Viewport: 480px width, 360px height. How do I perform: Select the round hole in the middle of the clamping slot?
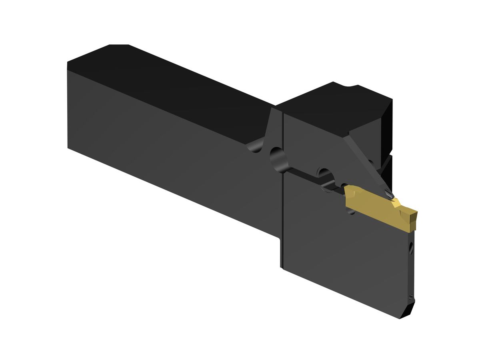pyautogui.click(x=326, y=175)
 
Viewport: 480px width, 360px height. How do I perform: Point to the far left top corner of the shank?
pyautogui.click(x=68, y=63)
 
